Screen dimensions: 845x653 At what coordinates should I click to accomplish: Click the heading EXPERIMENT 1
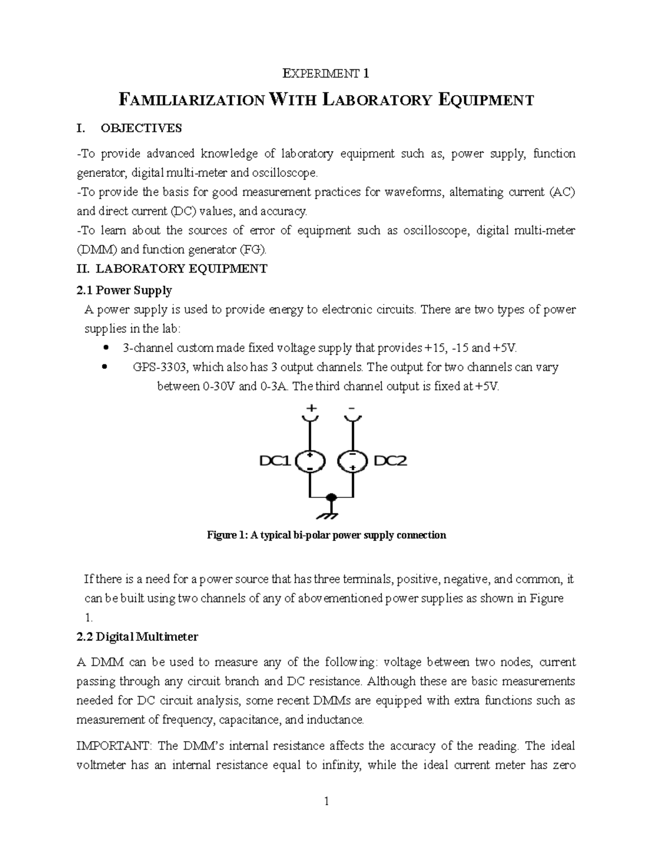tap(326, 73)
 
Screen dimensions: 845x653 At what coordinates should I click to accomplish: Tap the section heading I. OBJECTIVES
tap(130, 128)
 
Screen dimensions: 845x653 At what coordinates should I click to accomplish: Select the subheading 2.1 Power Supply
tap(125, 291)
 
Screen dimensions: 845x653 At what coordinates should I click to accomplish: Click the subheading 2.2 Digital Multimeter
tap(138, 637)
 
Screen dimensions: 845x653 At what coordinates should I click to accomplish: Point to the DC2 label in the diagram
tap(390, 461)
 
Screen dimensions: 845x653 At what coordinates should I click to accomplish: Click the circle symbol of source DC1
tap(310, 462)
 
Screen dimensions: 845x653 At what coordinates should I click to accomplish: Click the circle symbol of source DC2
tap(353, 462)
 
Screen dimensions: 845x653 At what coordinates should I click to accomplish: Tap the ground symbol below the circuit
tap(330, 513)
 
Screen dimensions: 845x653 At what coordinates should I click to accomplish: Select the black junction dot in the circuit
tap(330, 497)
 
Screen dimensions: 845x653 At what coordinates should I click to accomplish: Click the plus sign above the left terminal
tap(311, 408)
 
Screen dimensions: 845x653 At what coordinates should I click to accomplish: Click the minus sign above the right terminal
tap(352, 408)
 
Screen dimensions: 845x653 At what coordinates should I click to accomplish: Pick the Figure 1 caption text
tap(326, 535)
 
